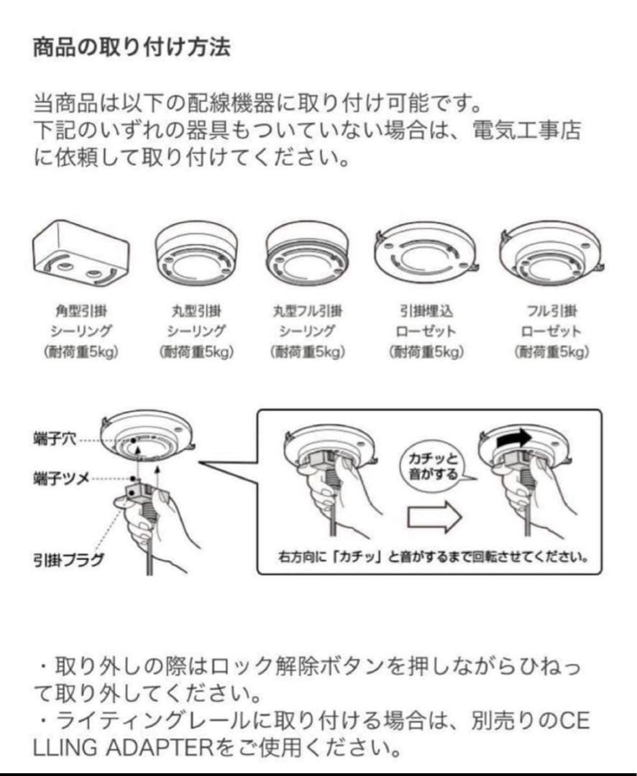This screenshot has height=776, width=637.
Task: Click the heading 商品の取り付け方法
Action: [132, 48]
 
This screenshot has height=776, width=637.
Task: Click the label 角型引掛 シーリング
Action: [81, 321]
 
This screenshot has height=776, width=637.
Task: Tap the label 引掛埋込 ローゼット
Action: [426, 321]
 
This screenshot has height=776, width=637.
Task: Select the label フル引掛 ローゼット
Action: [551, 321]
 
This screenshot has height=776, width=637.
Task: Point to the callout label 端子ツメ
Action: [61, 477]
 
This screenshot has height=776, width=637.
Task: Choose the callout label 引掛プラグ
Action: [68, 558]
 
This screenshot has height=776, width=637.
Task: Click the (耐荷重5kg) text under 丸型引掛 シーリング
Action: [194, 352]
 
